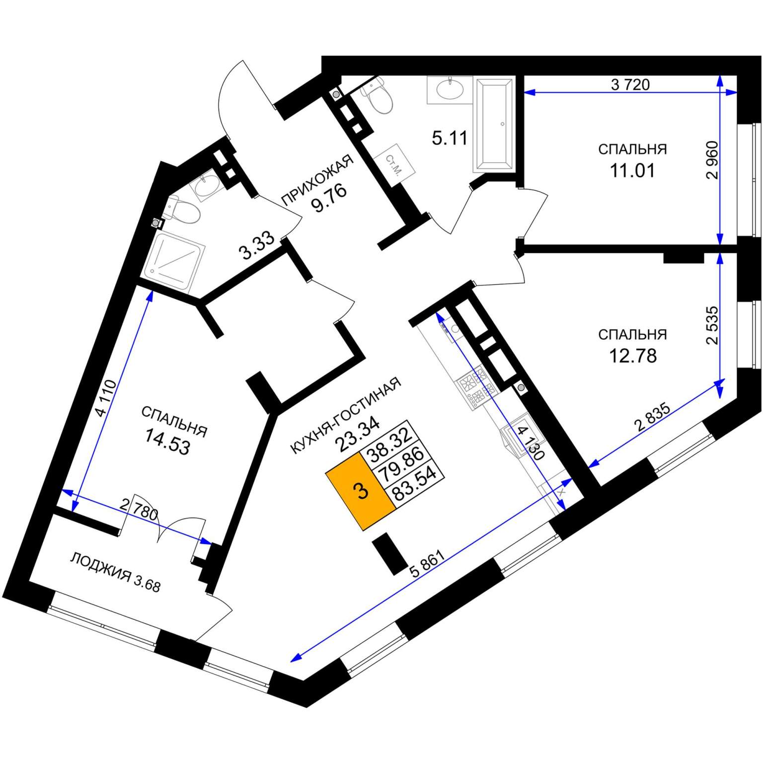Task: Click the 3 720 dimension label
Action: pos(630,84)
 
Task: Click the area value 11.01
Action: pos(632,170)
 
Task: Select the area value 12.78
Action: pos(633,356)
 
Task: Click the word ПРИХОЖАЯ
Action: pos(317,179)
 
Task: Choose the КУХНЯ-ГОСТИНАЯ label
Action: pos(345,415)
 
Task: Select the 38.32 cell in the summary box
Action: pos(390,440)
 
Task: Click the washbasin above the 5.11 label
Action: pos(450,89)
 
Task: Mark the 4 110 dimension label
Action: pos(108,397)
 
